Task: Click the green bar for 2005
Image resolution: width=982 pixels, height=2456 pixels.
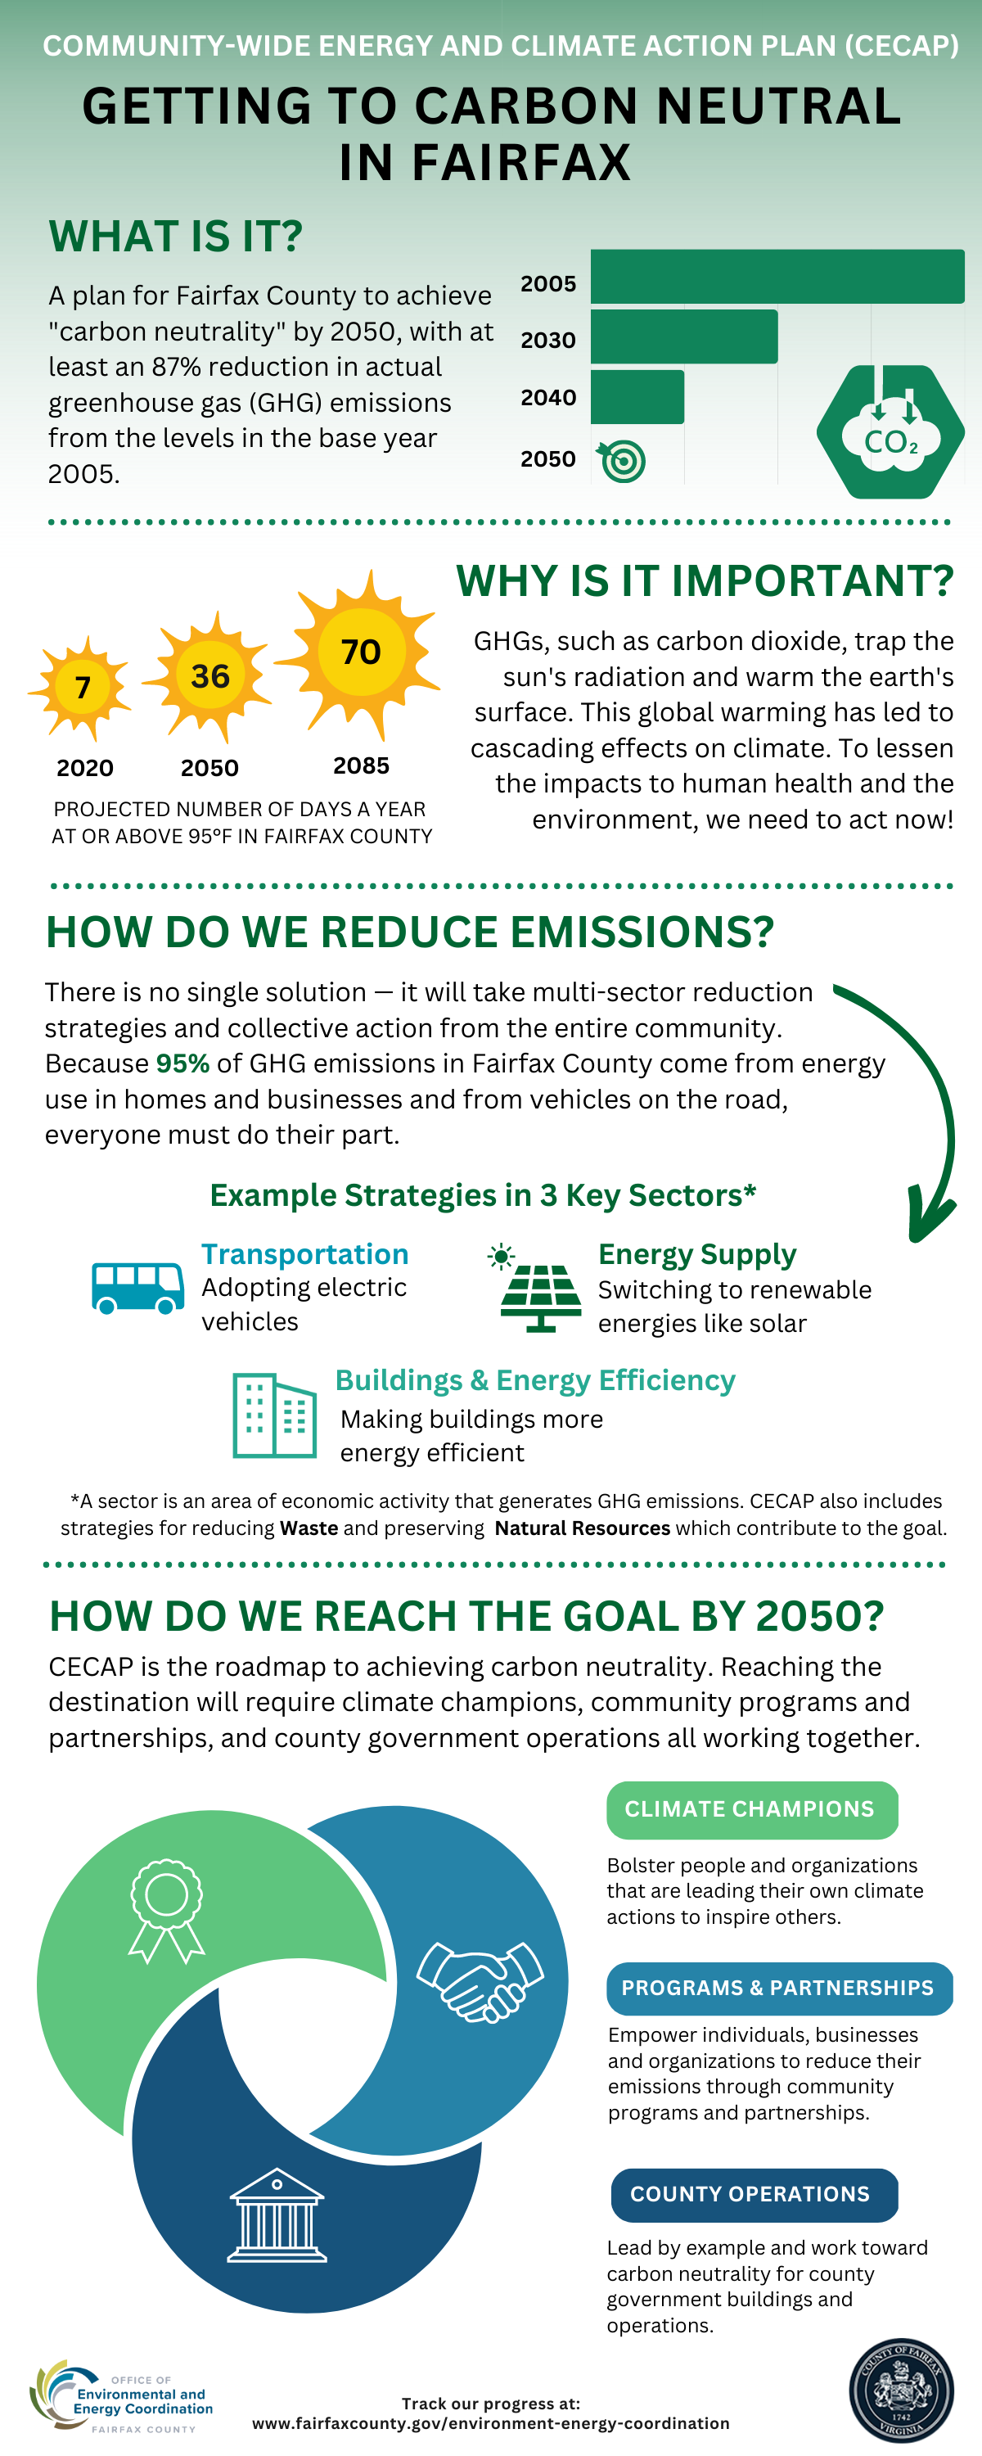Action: [777, 277]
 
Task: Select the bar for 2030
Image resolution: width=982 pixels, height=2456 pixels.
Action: [683, 336]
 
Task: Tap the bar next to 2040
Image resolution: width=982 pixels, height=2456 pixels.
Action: [637, 396]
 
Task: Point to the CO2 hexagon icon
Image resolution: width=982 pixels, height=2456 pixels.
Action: [890, 432]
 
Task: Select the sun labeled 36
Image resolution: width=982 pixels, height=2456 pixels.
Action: [209, 676]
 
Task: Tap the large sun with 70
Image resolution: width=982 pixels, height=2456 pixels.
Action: [360, 652]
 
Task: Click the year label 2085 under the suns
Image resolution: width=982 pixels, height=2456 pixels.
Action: [360, 765]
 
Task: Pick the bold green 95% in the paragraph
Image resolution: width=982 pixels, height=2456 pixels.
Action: [182, 1063]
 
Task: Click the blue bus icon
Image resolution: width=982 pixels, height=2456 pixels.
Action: [137, 1287]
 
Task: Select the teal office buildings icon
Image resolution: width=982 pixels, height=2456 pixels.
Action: [275, 1415]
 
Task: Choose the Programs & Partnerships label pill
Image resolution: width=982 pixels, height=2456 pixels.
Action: [778, 1988]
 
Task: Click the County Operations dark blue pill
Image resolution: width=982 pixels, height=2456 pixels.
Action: [753, 2194]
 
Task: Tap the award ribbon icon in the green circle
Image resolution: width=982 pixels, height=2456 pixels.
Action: [166, 1911]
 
